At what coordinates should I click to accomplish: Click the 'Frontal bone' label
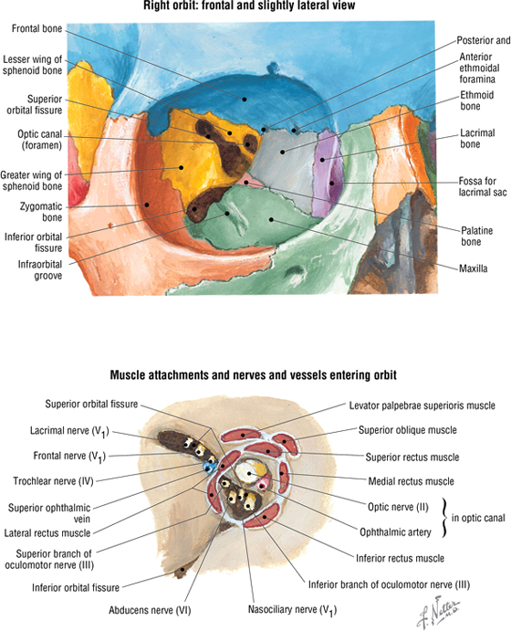[x=37, y=28]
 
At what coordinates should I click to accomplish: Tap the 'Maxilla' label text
[x=474, y=268]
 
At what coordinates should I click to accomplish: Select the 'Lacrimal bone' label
[x=477, y=139]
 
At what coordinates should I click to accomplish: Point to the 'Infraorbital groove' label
[x=40, y=270]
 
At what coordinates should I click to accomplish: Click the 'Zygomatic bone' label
[x=41, y=212]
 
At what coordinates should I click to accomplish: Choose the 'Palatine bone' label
[x=476, y=237]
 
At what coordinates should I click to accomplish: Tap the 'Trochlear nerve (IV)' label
[x=53, y=481]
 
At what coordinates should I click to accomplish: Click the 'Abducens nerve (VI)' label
[x=150, y=611]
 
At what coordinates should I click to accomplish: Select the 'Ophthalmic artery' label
[x=395, y=532]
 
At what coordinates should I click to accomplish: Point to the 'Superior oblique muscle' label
[x=408, y=430]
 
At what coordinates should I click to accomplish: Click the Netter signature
[x=439, y=612]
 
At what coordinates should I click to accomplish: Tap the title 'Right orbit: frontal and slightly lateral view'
[x=249, y=5]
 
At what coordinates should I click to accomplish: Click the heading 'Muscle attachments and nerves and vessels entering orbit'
[x=254, y=375]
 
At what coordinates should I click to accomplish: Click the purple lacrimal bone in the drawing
[x=328, y=173]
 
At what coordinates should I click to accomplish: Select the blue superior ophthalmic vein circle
[x=208, y=468]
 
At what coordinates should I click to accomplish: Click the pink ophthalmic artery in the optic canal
[x=263, y=483]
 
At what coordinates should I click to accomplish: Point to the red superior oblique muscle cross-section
[x=286, y=443]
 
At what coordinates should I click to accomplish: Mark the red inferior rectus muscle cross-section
[x=262, y=515]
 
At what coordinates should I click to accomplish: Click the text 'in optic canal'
[x=478, y=518]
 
